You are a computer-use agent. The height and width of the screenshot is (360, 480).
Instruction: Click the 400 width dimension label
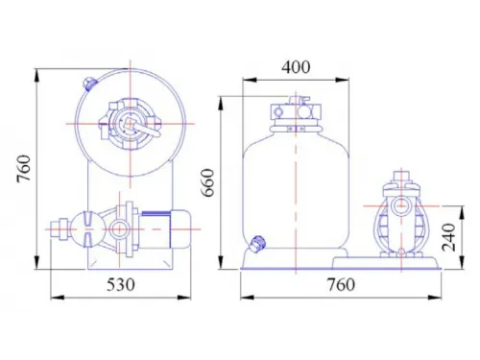(x=296, y=67)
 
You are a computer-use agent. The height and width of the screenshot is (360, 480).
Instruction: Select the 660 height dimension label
(x=208, y=182)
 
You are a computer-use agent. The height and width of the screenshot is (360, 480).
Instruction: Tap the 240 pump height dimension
(x=448, y=237)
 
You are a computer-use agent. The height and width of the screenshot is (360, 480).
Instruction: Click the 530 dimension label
(x=121, y=284)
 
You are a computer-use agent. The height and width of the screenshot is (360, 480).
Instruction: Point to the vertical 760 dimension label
(x=24, y=169)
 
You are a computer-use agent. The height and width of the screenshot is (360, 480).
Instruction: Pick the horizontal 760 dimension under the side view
(x=341, y=284)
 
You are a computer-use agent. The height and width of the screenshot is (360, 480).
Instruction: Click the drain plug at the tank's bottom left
(x=257, y=244)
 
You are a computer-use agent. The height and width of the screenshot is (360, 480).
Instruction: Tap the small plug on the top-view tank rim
(x=89, y=84)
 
